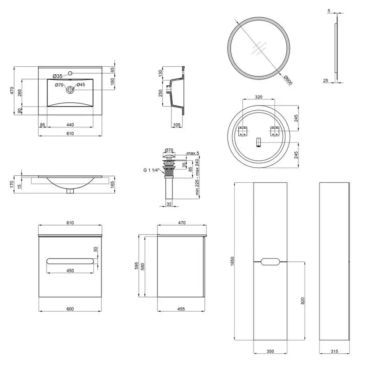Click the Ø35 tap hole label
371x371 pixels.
[57, 76]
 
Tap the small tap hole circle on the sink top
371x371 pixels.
[70, 73]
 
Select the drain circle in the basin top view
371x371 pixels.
[70, 90]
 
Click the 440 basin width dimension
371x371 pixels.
[70, 124]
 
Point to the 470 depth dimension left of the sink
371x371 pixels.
[12, 91]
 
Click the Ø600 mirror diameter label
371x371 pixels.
[288, 80]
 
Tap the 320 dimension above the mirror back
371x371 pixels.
[258, 97]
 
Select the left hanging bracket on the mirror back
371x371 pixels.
[243, 131]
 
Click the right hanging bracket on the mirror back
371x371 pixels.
[275, 131]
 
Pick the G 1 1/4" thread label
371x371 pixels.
[151, 170]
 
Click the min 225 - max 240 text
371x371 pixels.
[197, 176]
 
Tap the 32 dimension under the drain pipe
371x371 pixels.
[169, 204]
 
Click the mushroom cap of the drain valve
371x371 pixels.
[169, 155]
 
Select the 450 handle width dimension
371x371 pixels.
[70, 270]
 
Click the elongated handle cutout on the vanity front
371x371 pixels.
[70, 261]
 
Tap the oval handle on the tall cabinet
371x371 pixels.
[270, 262]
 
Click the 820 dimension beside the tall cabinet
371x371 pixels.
[303, 301]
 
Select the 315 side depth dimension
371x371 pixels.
[334, 351]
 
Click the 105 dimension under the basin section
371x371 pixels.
[177, 124]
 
